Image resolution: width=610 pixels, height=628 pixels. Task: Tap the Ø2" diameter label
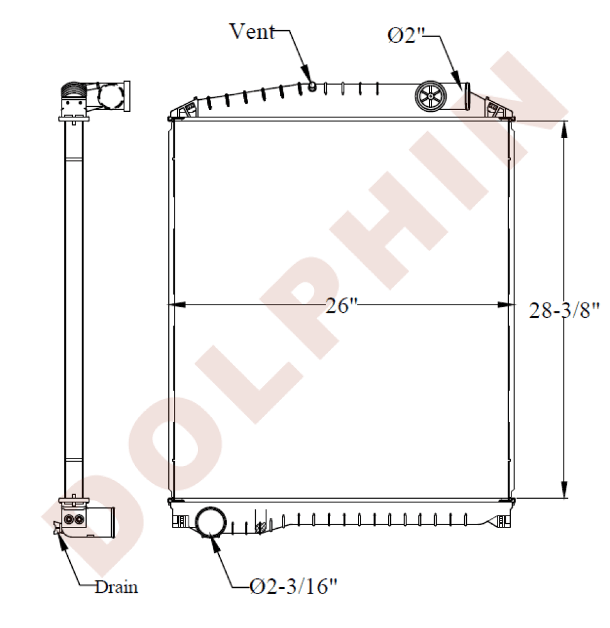click(405, 35)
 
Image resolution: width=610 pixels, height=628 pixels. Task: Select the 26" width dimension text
click(341, 306)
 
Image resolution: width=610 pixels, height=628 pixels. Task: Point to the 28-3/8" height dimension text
click(565, 310)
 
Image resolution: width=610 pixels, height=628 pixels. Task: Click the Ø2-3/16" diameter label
click(293, 587)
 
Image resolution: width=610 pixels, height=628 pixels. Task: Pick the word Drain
click(117, 587)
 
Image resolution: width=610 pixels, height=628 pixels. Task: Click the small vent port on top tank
click(312, 85)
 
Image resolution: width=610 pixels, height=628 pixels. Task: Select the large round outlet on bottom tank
click(210, 522)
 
